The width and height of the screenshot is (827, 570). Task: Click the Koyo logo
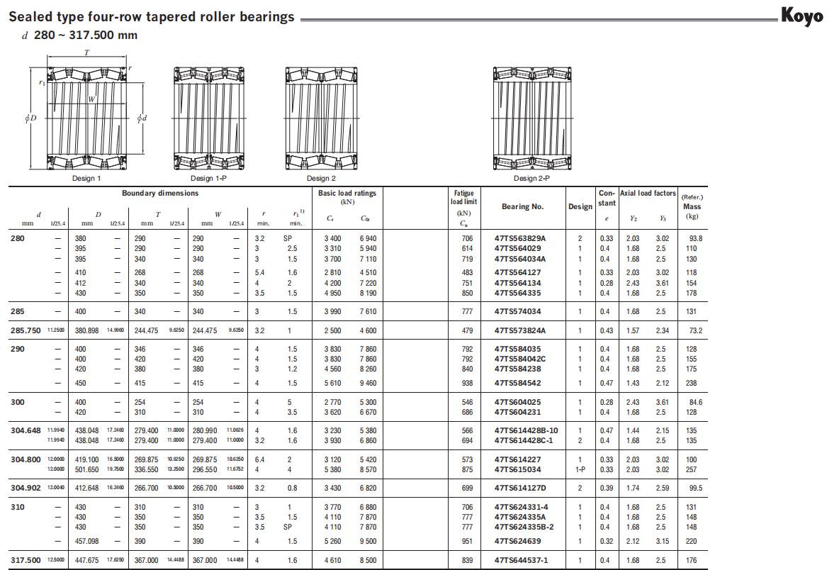click(x=802, y=15)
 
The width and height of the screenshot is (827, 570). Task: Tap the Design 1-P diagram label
click(x=208, y=179)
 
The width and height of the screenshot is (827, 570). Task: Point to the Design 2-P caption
click(x=531, y=179)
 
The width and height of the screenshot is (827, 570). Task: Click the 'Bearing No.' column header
click(x=522, y=206)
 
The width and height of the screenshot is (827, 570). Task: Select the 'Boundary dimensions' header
click(x=160, y=194)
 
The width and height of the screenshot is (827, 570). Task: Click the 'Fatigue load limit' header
click(x=465, y=197)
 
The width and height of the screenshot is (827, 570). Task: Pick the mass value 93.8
click(x=695, y=239)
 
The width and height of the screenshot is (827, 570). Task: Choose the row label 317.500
click(x=26, y=560)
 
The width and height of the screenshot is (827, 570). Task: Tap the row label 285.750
click(x=26, y=330)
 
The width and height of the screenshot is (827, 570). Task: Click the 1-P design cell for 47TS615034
click(x=580, y=469)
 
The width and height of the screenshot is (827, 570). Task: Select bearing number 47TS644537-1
click(x=521, y=560)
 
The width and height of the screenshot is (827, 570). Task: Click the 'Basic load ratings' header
click(x=347, y=194)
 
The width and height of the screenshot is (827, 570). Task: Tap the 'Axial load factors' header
click(x=648, y=193)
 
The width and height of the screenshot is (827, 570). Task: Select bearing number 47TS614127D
click(x=520, y=488)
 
